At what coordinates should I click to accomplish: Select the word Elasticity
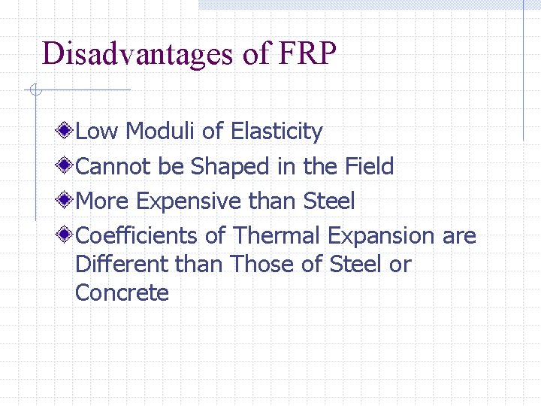coord(277,132)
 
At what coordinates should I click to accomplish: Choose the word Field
coord(369,166)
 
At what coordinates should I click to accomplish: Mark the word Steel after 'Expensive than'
coord(328,201)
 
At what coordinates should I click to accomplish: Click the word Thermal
coord(276,235)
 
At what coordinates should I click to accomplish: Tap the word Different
coord(122,265)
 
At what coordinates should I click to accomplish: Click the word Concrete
coord(122,292)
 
